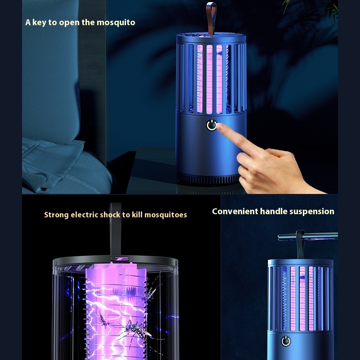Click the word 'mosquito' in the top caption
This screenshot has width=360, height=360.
[x=116, y=23]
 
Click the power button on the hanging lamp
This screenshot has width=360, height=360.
[x=286, y=341]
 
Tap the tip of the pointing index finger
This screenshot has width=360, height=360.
[x=218, y=126]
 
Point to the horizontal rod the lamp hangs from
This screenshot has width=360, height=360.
[x=308, y=237]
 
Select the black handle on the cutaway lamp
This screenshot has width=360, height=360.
[x=115, y=229]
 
